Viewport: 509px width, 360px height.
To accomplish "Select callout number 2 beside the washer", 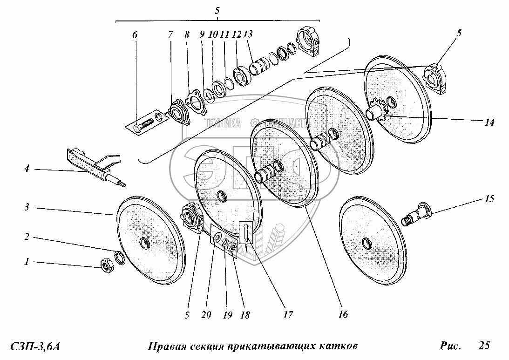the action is pyautogui.click(x=27, y=237).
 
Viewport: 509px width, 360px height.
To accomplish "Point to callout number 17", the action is pyautogui.click(x=287, y=315).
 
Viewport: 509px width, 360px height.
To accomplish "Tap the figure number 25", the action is pyautogui.click(x=484, y=346).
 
